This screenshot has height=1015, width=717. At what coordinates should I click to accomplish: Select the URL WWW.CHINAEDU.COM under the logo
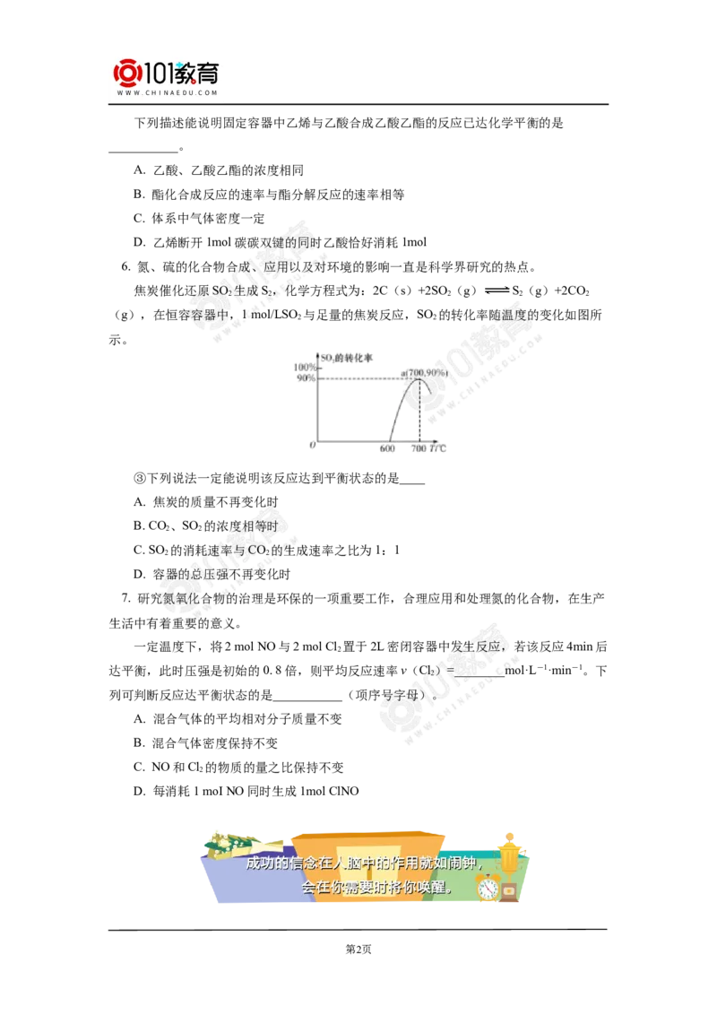(168, 92)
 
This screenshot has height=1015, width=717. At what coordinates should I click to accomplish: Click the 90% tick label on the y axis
(304, 378)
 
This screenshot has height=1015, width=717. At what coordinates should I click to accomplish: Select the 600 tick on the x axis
(387, 449)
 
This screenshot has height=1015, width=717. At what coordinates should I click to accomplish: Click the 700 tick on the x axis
(419, 449)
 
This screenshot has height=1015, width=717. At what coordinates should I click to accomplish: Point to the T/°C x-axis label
(437, 449)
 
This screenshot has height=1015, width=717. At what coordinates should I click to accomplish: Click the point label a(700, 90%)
(425, 372)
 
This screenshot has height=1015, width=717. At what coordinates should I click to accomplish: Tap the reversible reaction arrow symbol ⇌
(496, 289)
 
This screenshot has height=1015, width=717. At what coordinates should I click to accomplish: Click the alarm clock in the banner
(488, 888)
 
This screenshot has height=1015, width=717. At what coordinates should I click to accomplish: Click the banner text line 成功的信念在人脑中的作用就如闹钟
(363, 865)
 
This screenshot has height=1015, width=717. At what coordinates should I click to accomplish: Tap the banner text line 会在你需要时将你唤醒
(377, 888)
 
